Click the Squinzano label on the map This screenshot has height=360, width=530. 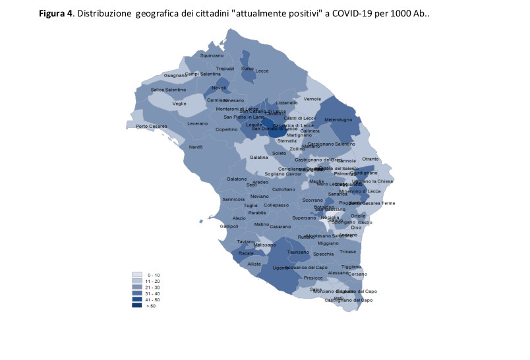click(212, 55)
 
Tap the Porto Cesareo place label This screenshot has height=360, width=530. click(152, 126)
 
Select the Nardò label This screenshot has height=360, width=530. click(196, 147)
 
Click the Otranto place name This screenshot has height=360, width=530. click(370, 159)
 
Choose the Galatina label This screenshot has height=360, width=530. click(259, 157)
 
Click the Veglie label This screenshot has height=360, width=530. click(179, 104)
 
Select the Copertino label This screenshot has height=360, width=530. click(226, 129)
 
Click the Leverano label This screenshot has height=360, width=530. click(197, 123)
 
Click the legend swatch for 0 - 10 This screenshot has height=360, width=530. click(137, 274)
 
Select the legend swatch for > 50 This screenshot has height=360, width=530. click(137, 305)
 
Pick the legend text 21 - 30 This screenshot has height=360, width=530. click(154, 287)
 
